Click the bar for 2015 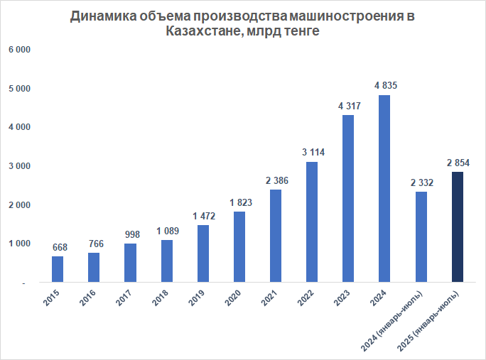(58, 269)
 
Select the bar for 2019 (202, 253)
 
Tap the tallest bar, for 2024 (384, 188)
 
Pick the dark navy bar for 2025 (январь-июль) (458, 227)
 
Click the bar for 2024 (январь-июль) (421, 236)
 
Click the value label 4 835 (384, 85)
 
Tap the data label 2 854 (458, 163)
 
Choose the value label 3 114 (312, 152)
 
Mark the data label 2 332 (421, 182)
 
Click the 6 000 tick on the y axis (19, 50)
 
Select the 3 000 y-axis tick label (19, 166)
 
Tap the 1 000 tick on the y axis (19, 244)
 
